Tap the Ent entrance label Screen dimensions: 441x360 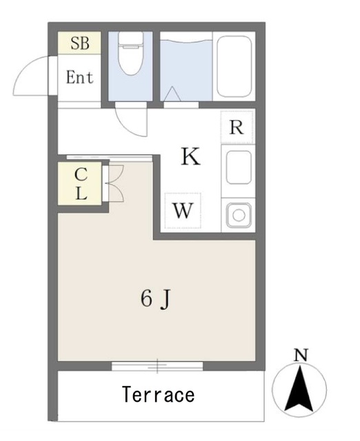(79, 77)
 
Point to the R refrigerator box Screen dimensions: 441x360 (236, 127)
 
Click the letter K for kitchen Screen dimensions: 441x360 (190, 157)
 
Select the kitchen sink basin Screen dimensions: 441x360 (239, 166)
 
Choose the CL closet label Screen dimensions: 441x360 (81, 183)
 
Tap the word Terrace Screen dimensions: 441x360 (158, 396)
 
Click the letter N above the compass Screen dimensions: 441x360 (300, 356)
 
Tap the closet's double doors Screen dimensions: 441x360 (114, 183)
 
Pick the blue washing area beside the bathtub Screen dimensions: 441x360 (186, 65)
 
